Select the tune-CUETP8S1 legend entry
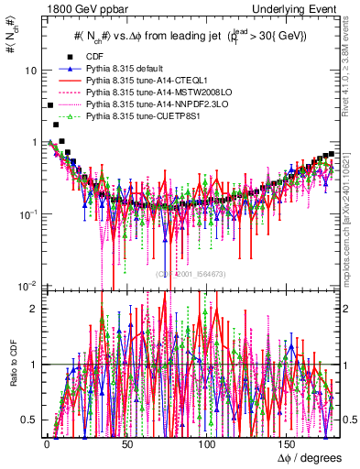tap(134, 116)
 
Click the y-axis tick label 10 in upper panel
tap(31, 71)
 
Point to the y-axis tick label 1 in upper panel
tap(34, 143)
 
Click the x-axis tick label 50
tap(126, 444)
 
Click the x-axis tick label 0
tap(46, 444)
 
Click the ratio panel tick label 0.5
tap(30, 420)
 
